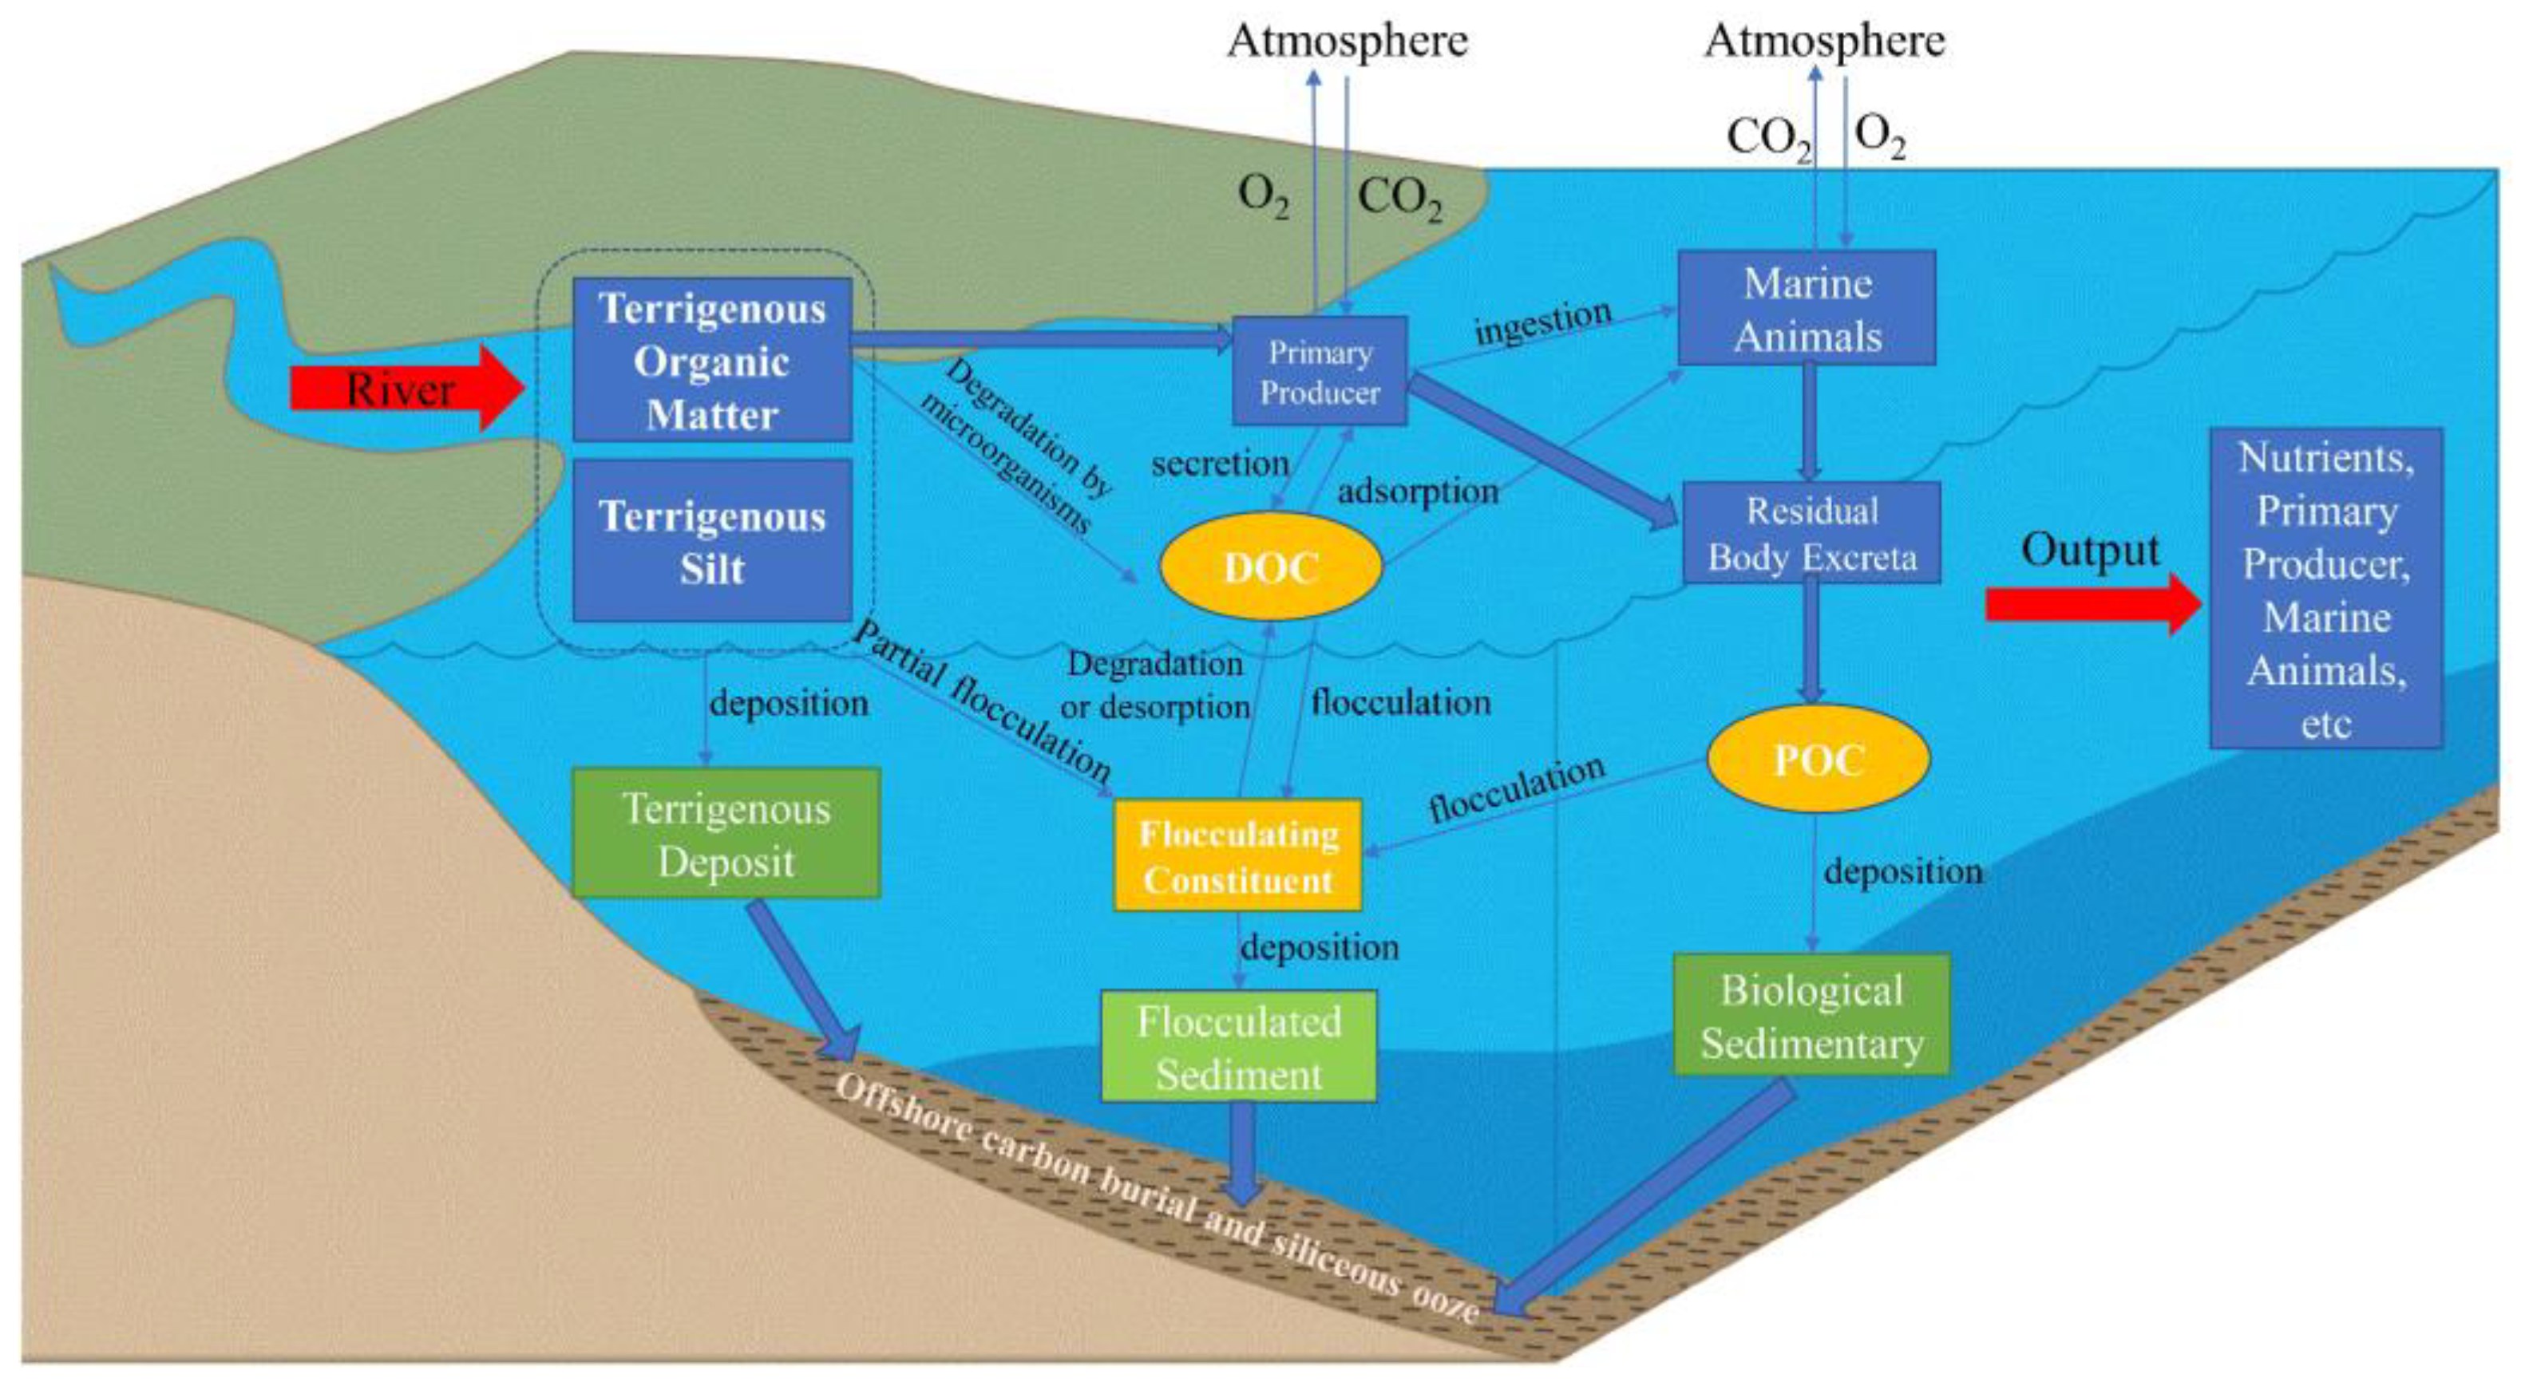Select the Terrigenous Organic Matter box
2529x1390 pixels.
click(x=712, y=360)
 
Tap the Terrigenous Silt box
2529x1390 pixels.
click(x=712, y=542)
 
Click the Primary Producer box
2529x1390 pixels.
click(x=1320, y=371)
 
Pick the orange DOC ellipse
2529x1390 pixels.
click(x=1270, y=567)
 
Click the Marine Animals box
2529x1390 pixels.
click(x=1807, y=308)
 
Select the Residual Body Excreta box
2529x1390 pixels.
click(x=1811, y=533)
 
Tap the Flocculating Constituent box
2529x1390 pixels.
click(x=1238, y=856)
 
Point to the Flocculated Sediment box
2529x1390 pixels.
click(x=1238, y=1045)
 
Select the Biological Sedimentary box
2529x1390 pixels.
click(x=1811, y=1015)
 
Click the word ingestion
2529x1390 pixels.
click(x=1542, y=322)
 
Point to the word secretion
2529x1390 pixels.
click(x=1221, y=464)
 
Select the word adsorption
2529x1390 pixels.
click(x=1418, y=491)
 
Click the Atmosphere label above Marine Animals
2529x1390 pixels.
click(x=1824, y=41)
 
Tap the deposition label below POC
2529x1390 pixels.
click(x=1902, y=871)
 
